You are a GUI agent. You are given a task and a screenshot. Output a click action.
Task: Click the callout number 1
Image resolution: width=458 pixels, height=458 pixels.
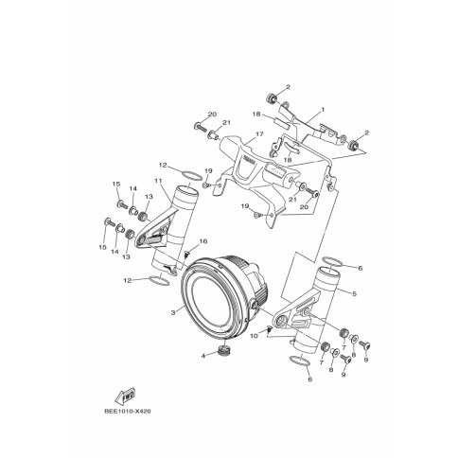[323, 110]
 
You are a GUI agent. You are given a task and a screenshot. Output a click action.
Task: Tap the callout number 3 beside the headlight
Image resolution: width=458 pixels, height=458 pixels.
[173, 312]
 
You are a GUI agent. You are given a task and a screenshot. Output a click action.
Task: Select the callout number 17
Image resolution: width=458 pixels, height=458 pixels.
[259, 134]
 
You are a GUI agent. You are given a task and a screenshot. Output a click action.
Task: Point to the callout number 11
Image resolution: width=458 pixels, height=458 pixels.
[158, 181]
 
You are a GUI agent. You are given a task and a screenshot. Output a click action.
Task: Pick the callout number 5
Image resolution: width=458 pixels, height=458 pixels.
[354, 293]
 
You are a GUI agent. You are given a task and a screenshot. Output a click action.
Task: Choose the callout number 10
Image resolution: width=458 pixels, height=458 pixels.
[254, 336]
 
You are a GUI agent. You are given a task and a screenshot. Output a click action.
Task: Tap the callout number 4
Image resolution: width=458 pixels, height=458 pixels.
[203, 356]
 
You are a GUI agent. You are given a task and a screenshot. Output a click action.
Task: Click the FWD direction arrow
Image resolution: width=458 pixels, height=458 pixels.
[125, 396]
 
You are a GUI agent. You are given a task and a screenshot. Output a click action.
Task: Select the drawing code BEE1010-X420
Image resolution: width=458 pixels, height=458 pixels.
[128, 412]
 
